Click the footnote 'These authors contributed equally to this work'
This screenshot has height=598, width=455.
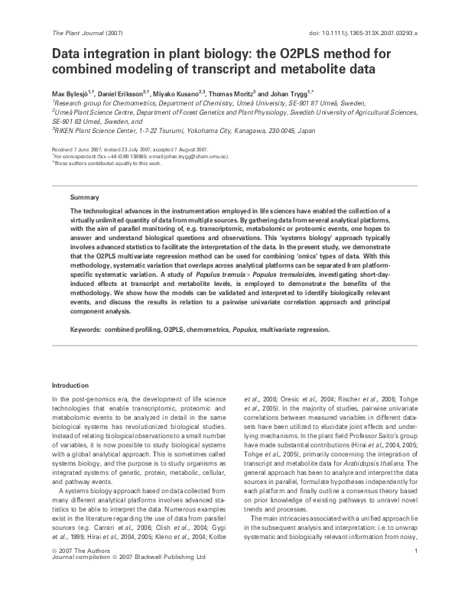coord(107,163)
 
